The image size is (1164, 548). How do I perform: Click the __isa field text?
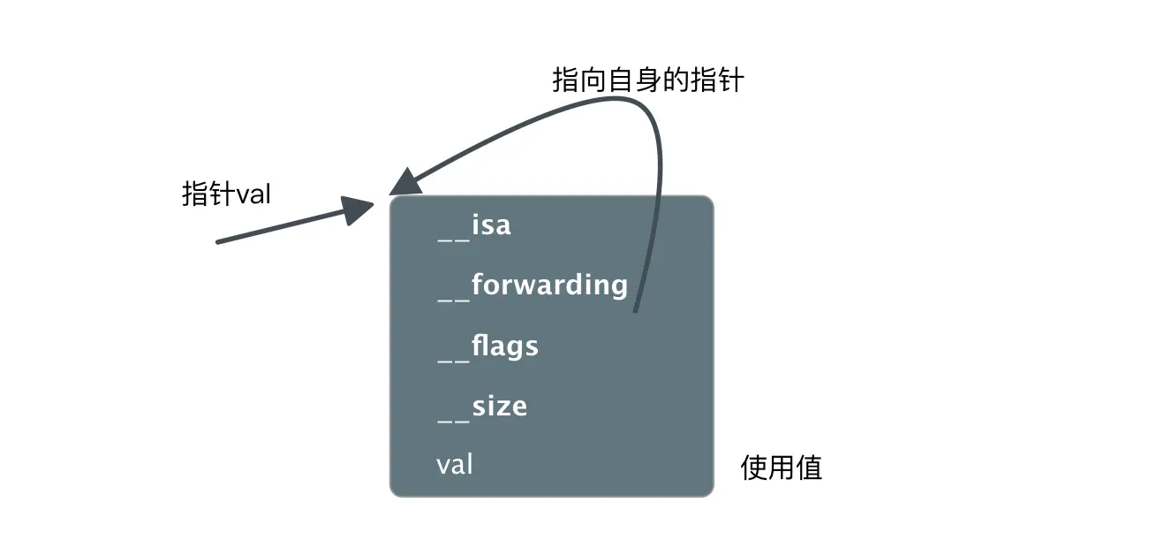pyautogui.click(x=474, y=225)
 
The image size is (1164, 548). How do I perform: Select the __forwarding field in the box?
pyautogui.click(x=533, y=285)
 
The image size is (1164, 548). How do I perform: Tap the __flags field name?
pyautogui.click(x=488, y=346)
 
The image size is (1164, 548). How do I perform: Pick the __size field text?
pyautogui.click(x=482, y=407)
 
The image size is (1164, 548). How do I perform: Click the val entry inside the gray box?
pyautogui.click(x=455, y=464)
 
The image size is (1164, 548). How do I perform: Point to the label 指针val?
pyautogui.click(x=226, y=194)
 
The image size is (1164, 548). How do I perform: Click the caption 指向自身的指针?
pyautogui.click(x=647, y=80)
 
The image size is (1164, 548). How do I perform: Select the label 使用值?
pyautogui.click(x=781, y=468)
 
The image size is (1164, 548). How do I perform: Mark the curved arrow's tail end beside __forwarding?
pyautogui.click(x=636, y=308)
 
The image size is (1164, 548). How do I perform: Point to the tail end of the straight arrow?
pyautogui.click(x=219, y=241)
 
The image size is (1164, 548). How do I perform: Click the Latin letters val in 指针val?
pyautogui.click(x=253, y=194)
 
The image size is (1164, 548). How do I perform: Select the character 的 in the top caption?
pyautogui.click(x=679, y=80)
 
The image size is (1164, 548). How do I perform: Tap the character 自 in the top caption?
pyautogui.click(x=616, y=80)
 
